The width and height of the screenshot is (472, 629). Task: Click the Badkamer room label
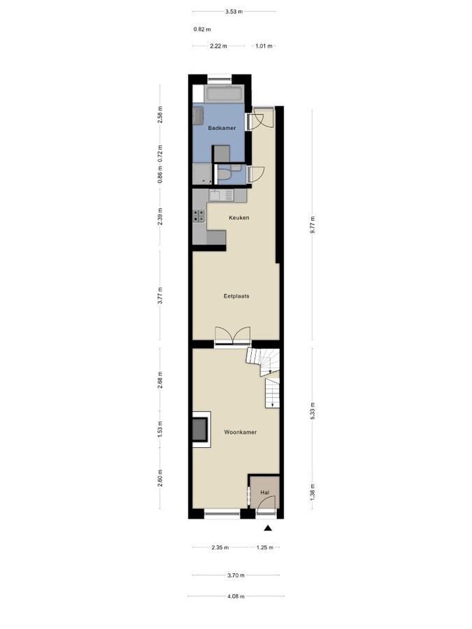coord(222,129)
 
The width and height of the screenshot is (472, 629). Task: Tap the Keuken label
coord(239,218)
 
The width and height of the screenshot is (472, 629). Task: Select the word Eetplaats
coord(236,296)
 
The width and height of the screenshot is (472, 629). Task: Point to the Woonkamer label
coord(240,433)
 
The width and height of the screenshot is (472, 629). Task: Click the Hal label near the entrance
coord(264,493)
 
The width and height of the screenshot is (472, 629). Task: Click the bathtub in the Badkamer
coord(224,94)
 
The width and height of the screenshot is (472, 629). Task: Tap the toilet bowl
coord(224,174)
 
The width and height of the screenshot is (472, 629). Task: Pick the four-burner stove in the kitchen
coord(199,217)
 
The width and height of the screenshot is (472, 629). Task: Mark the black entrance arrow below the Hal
coord(267,530)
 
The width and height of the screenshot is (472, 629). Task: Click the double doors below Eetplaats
coord(231,336)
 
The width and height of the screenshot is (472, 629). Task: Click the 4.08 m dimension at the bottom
coord(236,596)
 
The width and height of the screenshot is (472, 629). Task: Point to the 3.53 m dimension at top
coord(234,11)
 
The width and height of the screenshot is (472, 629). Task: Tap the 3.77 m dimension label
coord(160,295)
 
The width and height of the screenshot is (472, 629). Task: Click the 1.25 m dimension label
coord(264,548)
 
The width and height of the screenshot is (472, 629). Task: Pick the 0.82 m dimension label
coord(202,29)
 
